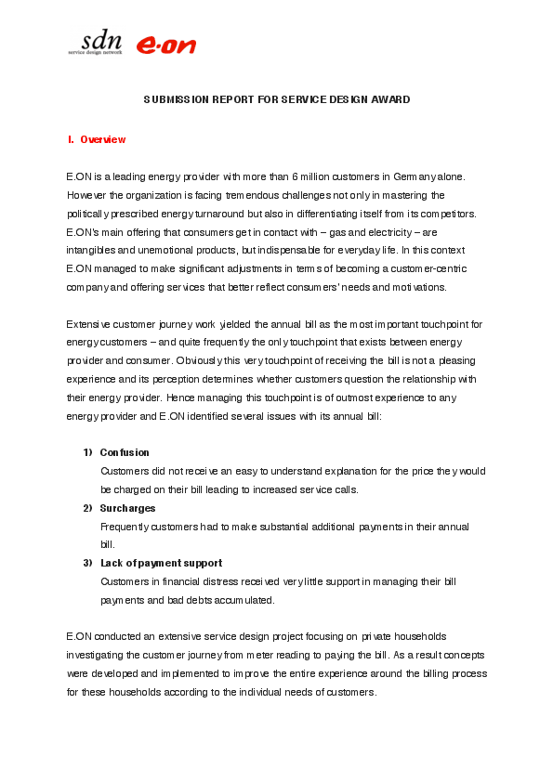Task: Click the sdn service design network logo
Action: [x=95, y=42]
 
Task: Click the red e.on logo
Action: [x=166, y=45]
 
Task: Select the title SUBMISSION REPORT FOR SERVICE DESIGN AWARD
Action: [x=276, y=99]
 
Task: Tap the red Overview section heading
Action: [x=102, y=139]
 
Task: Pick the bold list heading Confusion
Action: [x=125, y=452]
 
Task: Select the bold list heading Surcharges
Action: [x=127, y=508]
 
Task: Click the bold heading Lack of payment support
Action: [x=161, y=563]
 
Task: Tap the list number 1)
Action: [x=87, y=452]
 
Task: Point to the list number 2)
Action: [x=87, y=508]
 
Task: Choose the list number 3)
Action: [x=87, y=563]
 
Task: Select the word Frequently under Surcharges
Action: [x=125, y=527]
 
